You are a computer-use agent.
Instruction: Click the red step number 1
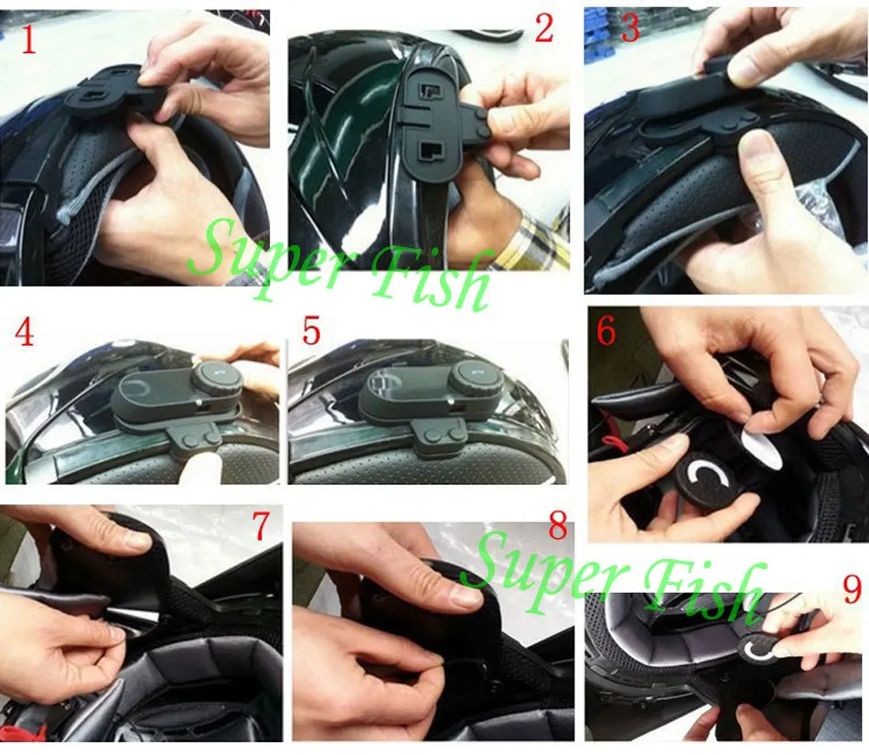tap(28, 40)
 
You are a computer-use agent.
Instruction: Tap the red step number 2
tap(543, 28)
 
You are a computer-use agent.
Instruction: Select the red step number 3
tap(630, 28)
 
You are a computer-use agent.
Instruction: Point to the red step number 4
tap(24, 334)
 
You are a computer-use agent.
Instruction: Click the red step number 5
tap(311, 331)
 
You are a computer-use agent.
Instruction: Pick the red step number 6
tap(606, 331)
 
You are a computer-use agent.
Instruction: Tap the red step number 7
tap(261, 525)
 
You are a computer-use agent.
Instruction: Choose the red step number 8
tap(558, 526)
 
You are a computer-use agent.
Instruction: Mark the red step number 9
tap(853, 588)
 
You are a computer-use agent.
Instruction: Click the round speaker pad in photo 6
tap(703, 480)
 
